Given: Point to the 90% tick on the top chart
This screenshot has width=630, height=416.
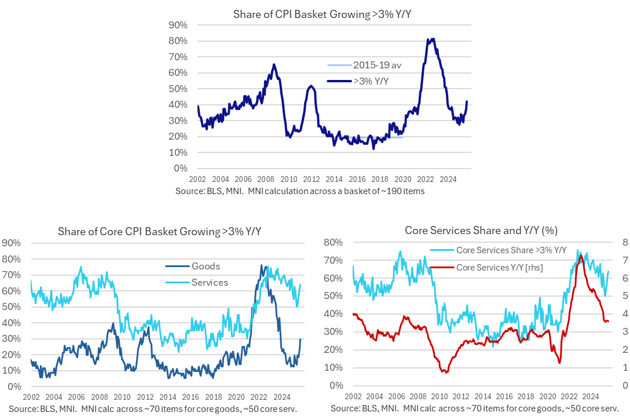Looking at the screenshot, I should coord(178,25).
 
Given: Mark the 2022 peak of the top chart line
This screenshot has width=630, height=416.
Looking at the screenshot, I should coord(430,39).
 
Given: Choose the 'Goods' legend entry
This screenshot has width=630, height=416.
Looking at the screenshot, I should coord(206,267).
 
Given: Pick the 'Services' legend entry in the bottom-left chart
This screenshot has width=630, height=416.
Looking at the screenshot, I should coord(209,282).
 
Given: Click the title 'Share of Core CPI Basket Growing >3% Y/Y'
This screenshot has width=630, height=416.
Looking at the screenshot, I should coord(160,232).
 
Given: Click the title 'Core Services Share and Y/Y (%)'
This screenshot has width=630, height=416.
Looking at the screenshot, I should coord(481,230).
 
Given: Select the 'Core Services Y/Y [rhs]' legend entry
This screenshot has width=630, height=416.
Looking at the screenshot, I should coord(499,267).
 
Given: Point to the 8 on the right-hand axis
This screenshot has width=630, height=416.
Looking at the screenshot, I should coord(618,242).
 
